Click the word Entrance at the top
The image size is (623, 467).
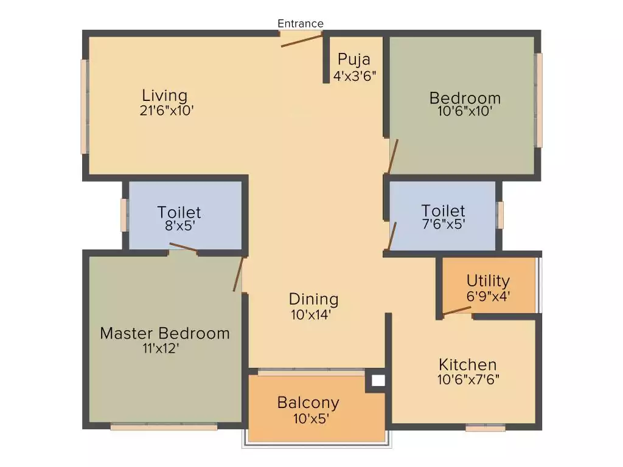(x=301, y=24)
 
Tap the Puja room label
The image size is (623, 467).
(x=354, y=60)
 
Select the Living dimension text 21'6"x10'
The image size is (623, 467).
(x=166, y=111)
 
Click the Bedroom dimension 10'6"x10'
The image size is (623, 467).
(x=465, y=112)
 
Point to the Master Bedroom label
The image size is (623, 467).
(x=165, y=333)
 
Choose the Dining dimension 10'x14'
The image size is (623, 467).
(x=313, y=314)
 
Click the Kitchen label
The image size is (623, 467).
(x=468, y=365)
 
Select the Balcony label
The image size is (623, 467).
(x=308, y=403)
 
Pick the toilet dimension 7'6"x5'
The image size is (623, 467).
(x=443, y=224)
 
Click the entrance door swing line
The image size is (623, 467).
(x=302, y=41)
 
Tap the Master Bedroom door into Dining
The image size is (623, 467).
(x=238, y=274)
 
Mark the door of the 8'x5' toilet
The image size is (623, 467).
(x=183, y=247)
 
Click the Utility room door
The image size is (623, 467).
(x=457, y=312)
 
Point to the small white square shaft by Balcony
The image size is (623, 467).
(x=378, y=381)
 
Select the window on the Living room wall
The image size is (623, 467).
(x=84, y=106)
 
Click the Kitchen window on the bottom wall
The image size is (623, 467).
(x=485, y=428)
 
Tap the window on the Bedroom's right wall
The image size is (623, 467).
(x=538, y=100)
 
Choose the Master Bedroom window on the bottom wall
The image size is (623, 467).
(x=164, y=427)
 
